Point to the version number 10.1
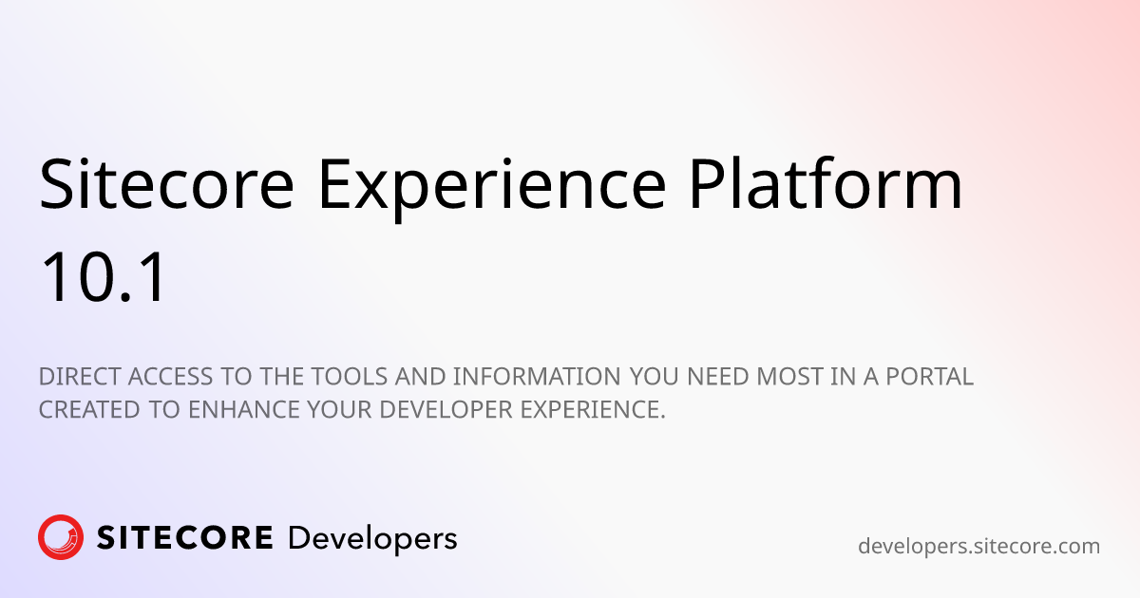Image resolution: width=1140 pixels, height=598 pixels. [x=103, y=278]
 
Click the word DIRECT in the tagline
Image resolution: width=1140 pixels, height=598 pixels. [x=76, y=377]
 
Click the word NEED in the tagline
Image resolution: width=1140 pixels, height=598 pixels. [x=718, y=377]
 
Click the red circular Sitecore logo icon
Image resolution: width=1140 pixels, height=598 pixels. [x=61, y=538]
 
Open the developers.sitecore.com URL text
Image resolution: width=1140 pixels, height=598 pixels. [x=978, y=547]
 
